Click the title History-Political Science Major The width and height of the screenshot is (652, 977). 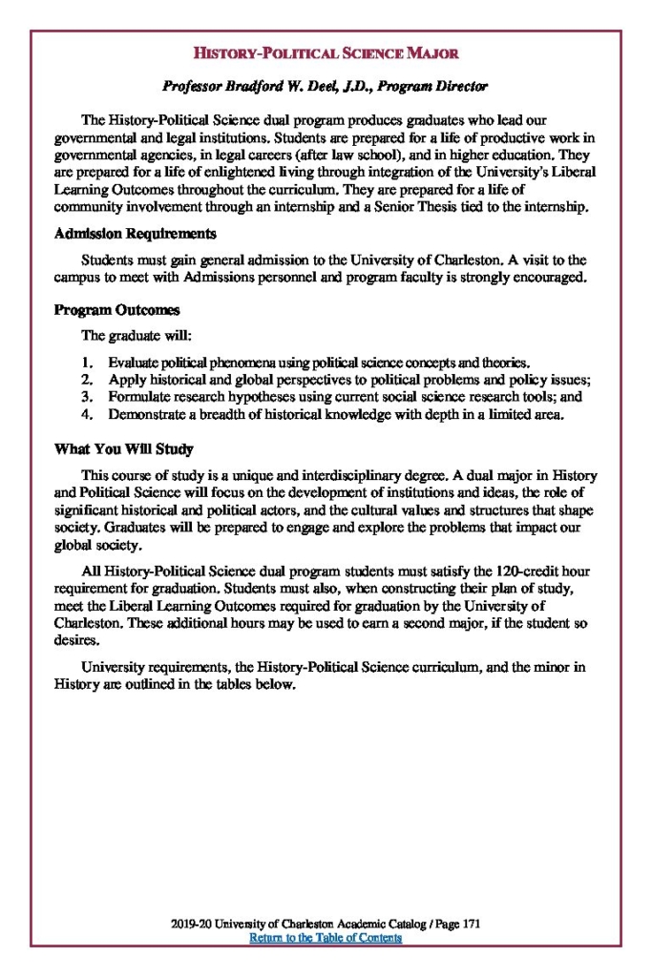pyautogui.click(x=325, y=52)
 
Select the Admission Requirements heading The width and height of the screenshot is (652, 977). pyautogui.click(x=135, y=234)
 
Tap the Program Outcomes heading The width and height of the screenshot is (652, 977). pyautogui.click(x=116, y=311)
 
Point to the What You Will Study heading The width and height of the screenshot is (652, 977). pyautogui.click(x=124, y=448)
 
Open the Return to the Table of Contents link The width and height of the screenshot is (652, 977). pyautogui.click(x=325, y=938)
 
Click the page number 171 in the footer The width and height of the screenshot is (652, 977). pyautogui.click(x=470, y=925)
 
